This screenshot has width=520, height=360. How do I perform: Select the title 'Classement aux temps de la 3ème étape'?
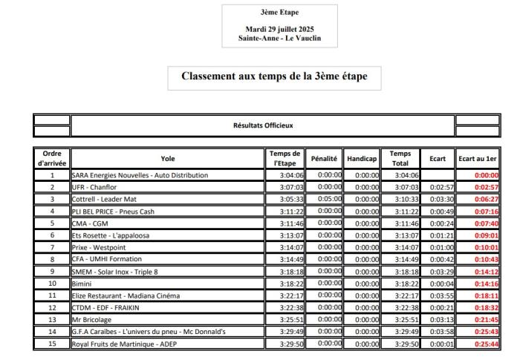point(275,76)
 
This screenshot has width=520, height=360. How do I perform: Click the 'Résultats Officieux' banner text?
point(261,125)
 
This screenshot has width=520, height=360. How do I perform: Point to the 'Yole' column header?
point(169,158)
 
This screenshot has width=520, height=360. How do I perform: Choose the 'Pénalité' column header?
point(324,158)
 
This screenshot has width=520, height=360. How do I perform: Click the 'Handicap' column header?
point(362,158)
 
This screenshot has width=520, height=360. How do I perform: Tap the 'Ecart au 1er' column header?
point(476,158)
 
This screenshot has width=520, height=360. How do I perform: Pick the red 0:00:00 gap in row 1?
point(484,175)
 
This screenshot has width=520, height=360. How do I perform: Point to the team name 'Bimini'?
point(82,284)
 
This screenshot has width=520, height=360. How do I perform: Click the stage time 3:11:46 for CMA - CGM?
point(286,223)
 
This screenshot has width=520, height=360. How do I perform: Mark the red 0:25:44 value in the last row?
point(484,344)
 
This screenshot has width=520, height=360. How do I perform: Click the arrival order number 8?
point(52,259)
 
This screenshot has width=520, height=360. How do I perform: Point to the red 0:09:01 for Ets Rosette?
point(484,235)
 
